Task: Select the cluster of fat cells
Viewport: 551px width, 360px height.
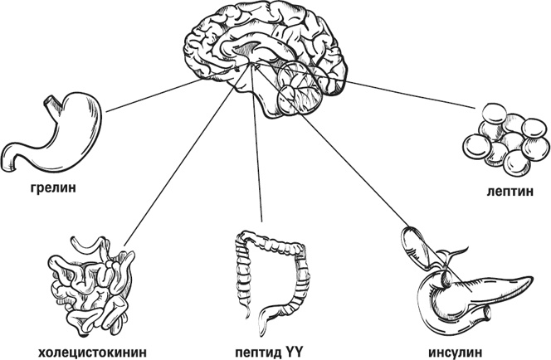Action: click(503, 141)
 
